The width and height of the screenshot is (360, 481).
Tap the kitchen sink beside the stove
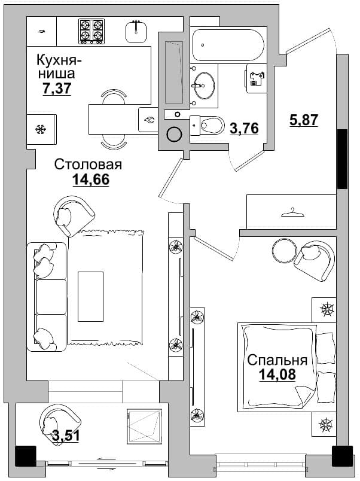(136, 32)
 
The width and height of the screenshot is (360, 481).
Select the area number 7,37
(57, 89)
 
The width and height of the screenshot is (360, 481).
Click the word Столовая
(88, 165)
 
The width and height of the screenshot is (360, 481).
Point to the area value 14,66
(91, 179)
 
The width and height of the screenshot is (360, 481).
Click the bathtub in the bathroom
(228, 45)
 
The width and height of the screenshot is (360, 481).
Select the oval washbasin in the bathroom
(203, 86)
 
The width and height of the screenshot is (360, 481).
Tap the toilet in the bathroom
(208, 125)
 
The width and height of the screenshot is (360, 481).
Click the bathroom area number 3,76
(245, 128)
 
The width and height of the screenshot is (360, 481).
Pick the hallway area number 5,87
(304, 120)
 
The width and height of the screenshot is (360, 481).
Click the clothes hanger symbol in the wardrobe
(293, 212)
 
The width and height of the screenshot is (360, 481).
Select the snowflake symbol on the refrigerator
(40, 129)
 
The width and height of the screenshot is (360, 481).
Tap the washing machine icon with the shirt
(257, 78)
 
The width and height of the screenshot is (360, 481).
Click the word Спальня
(277, 360)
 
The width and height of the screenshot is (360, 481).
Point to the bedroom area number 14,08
(277, 375)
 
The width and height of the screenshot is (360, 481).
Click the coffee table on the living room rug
(90, 296)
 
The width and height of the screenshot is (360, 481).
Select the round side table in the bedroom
(284, 250)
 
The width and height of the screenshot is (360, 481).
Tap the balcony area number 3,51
(66, 436)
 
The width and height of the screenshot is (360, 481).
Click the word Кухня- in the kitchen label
(59, 60)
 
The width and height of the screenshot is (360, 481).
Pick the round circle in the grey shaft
(175, 134)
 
